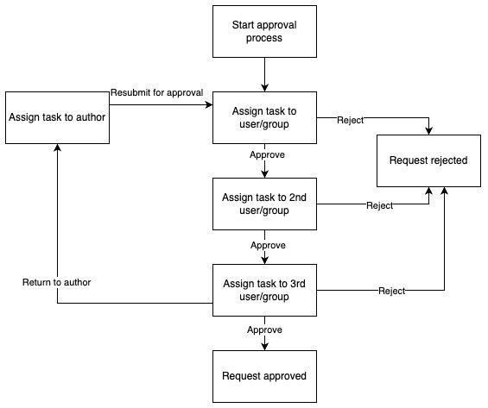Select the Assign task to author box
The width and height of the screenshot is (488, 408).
(57, 116)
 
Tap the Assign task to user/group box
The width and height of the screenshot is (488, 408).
(264, 116)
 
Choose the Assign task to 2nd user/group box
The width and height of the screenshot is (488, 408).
(264, 204)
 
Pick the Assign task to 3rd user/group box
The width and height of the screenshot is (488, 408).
(264, 290)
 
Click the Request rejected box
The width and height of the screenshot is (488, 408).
(428, 160)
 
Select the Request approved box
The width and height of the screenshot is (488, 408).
(264, 376)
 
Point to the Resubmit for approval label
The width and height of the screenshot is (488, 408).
(156, 93)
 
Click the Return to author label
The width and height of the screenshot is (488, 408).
(57, 282)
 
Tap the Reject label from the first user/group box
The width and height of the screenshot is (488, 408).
(350, 119)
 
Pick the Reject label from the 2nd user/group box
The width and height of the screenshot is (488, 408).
(379, 205)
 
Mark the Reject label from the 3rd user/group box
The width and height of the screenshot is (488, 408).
(392, 292)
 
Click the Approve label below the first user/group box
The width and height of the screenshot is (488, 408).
(267, 155)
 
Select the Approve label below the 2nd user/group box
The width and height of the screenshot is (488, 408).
(268, 245)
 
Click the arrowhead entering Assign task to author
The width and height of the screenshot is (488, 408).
(57, 148)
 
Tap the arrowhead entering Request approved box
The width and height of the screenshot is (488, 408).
(264, 347)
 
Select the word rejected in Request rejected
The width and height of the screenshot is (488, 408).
(448, 160)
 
